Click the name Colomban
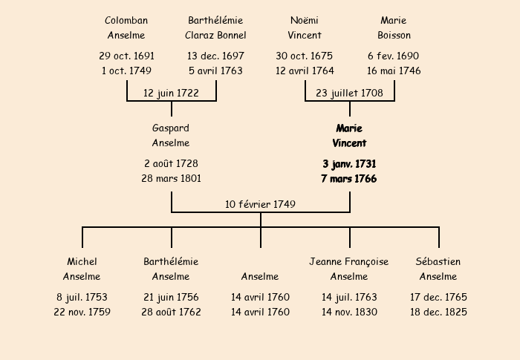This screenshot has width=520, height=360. (126, 21)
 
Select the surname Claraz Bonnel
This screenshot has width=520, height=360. (215, 35)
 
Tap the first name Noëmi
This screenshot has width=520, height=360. (305, 21)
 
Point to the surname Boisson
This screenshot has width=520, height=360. (394, 35)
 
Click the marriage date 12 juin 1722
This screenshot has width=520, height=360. (171, 93)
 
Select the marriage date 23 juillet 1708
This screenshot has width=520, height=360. (350, 93)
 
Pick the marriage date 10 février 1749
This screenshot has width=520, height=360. (260, 204)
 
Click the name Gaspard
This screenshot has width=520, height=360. (171, 128)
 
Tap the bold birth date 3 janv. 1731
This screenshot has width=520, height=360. (349, 164)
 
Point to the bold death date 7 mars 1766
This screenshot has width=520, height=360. (349, 179)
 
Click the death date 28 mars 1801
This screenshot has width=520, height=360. (171, 179)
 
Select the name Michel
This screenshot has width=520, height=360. (82, 261)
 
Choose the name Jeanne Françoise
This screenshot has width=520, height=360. (349, 262)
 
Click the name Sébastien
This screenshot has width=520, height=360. (438, 261)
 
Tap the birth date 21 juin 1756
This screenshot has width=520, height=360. (171, 298)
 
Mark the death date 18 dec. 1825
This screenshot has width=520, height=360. (438, 312)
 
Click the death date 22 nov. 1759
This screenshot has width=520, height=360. (82, 312)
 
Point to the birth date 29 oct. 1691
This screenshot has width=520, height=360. (127, 56)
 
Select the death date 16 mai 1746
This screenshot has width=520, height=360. (394, 71)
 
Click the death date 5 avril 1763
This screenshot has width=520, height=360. (215, 71)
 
